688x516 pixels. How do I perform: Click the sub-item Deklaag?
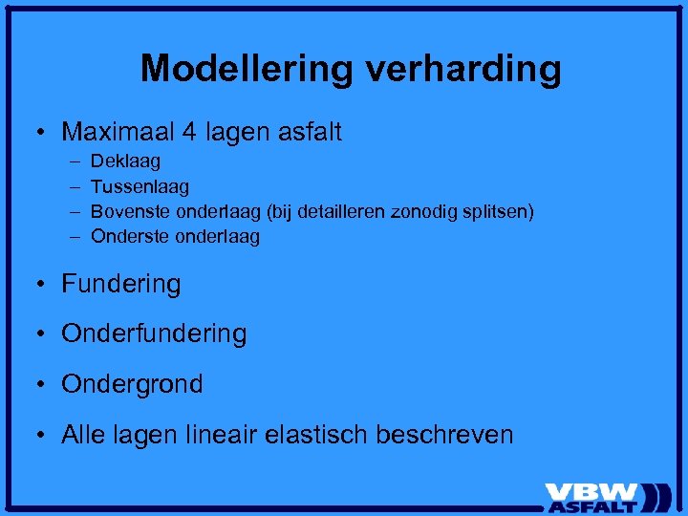click(125, 161)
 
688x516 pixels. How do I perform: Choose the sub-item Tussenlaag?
click(140, 186)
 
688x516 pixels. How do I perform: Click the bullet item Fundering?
click(120, 284)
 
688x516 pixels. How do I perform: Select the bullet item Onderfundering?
click(154, 333)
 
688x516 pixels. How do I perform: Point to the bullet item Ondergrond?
click(132, 384)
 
